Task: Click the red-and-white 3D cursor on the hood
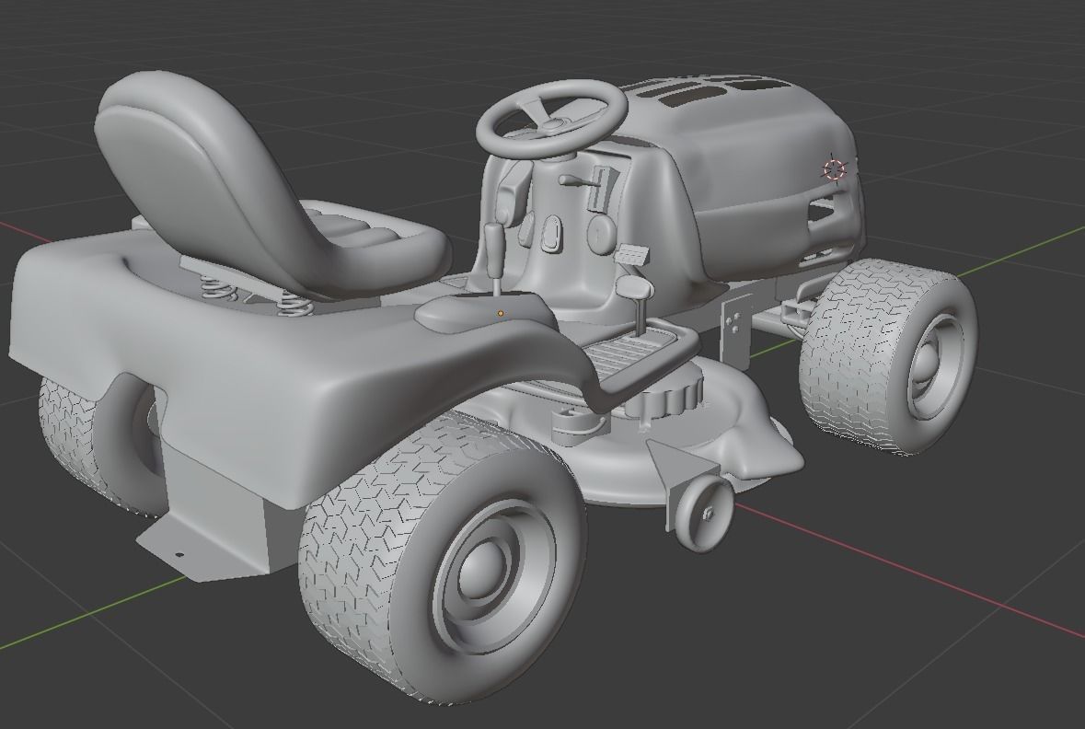pyautogui.click(x=834, y=169)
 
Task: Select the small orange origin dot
pyautogui.click(x=501, y=314)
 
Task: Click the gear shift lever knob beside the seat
pyautogui.click(x=494, y=241)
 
